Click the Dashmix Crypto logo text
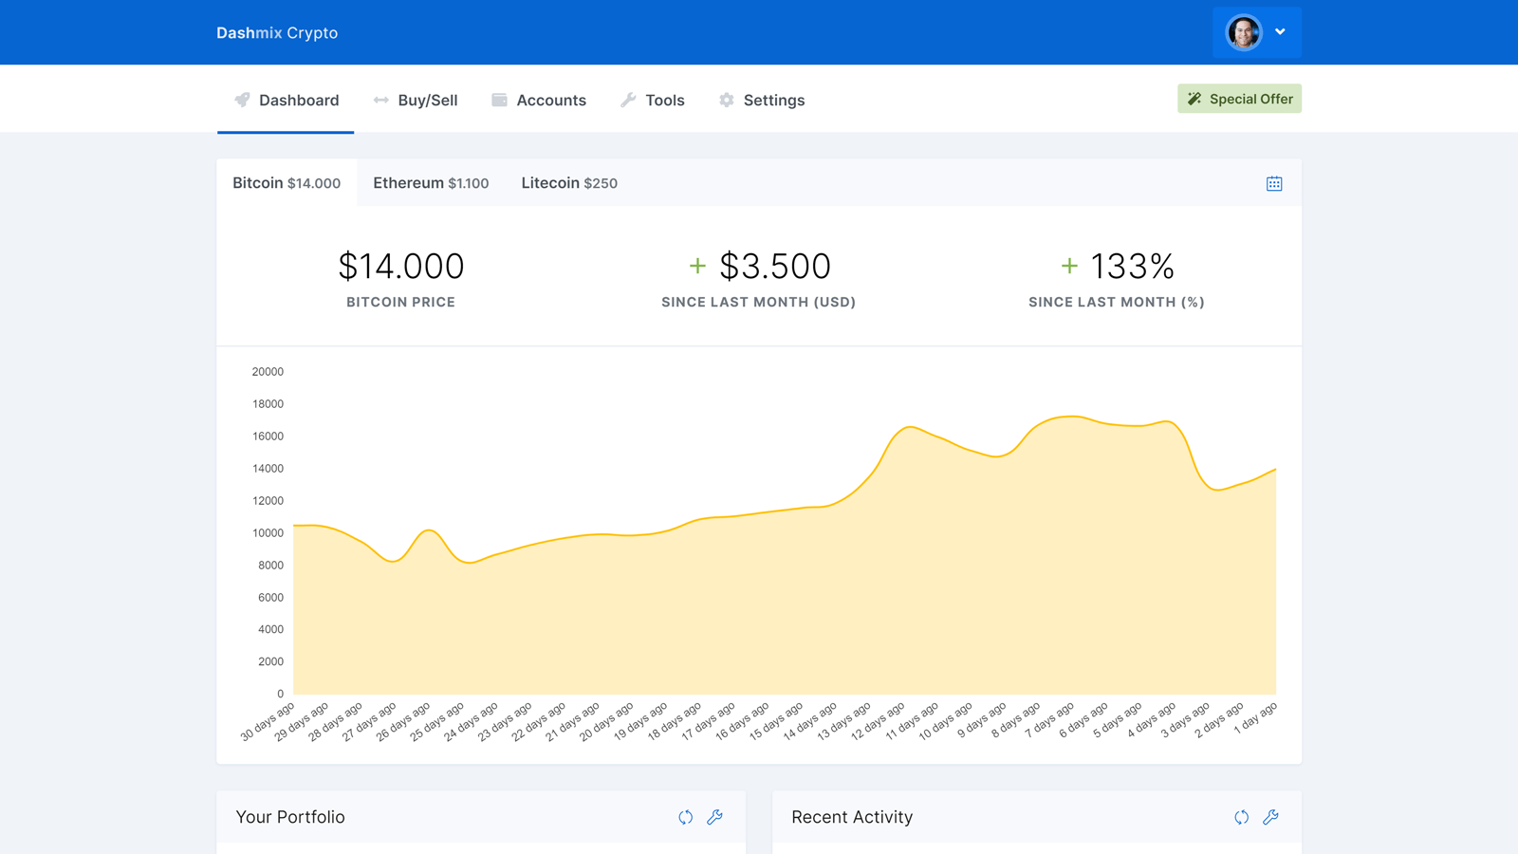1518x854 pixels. coord(277,33)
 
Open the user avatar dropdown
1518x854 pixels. coord(1256,32)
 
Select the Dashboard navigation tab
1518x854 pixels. coord(287,101)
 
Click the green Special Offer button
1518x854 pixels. coord(1239,99)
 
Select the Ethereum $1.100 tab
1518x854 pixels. coord(431,183)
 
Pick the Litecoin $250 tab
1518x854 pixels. coord(569,183)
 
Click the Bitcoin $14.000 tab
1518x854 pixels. coord(287,183)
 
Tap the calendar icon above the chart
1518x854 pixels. coord(1274,184)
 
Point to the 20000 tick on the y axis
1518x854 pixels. coord(268,372)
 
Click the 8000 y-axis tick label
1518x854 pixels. coord(270,566)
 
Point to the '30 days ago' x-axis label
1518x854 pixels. coord(268,721)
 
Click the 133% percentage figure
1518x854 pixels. coord(1132,267)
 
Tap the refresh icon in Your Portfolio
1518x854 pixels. coord(685,817)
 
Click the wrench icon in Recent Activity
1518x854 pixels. coord(1270,817)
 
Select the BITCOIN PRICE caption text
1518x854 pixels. coord(400,303)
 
